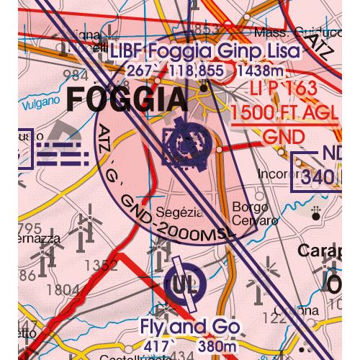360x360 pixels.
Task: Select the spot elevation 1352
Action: (x=100, y=265)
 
